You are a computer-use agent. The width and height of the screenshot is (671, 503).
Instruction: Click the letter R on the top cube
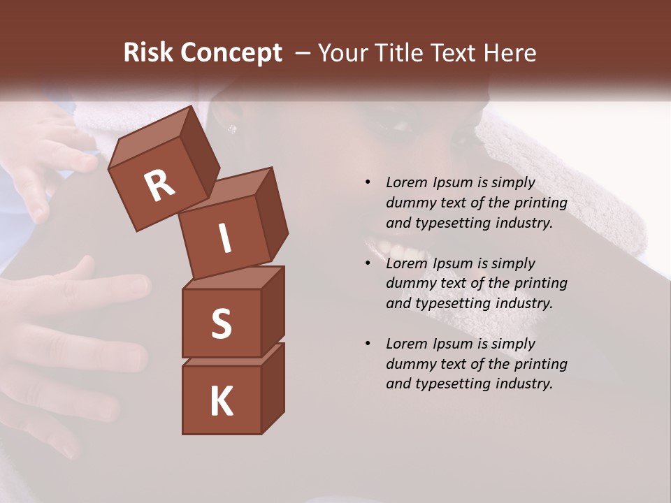click(x=160, y=185)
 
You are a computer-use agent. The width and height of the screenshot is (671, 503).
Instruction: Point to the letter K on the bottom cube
click(x=221, y=402)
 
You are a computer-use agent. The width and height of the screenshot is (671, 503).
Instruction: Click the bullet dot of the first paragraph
click(x=368, y=183)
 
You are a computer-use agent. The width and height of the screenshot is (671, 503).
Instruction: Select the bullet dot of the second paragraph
click(x=368, y=264)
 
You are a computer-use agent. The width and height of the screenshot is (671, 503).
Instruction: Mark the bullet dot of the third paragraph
click(x=368, y=344)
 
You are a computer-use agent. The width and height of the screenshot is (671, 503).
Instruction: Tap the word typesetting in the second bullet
click(x=452, y=304)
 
